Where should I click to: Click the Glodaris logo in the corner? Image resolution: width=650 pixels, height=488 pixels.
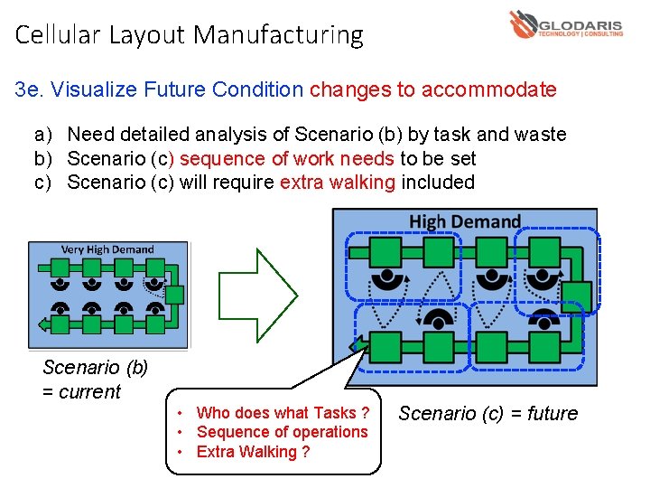coord(565,23)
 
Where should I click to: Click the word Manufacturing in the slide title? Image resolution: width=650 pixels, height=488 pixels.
coord(278,35)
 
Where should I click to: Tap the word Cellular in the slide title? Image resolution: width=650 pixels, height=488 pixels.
coord(59,35)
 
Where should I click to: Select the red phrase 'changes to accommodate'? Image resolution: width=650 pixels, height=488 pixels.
coord(432,89)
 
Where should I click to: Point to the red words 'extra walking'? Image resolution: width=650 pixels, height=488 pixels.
coord(337,182)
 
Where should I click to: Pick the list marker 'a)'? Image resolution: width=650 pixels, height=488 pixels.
coord(43,135)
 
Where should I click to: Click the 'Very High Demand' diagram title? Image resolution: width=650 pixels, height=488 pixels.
coord(107,249)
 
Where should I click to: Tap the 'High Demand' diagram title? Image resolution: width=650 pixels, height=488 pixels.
coord(465,221)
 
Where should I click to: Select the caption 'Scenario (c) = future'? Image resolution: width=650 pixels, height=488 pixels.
coord(487,413)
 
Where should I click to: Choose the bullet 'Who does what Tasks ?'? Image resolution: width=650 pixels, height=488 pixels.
coord(283,412)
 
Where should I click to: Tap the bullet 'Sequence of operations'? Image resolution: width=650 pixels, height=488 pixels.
coord(282,431)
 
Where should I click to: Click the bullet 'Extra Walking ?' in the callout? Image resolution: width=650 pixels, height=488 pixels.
coord(253,451)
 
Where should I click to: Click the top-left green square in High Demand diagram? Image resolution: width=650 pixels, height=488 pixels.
coord(386,251)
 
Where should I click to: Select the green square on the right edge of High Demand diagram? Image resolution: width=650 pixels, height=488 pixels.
coord(577,296)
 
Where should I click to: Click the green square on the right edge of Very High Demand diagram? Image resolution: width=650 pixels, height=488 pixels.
coord(175,295)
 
